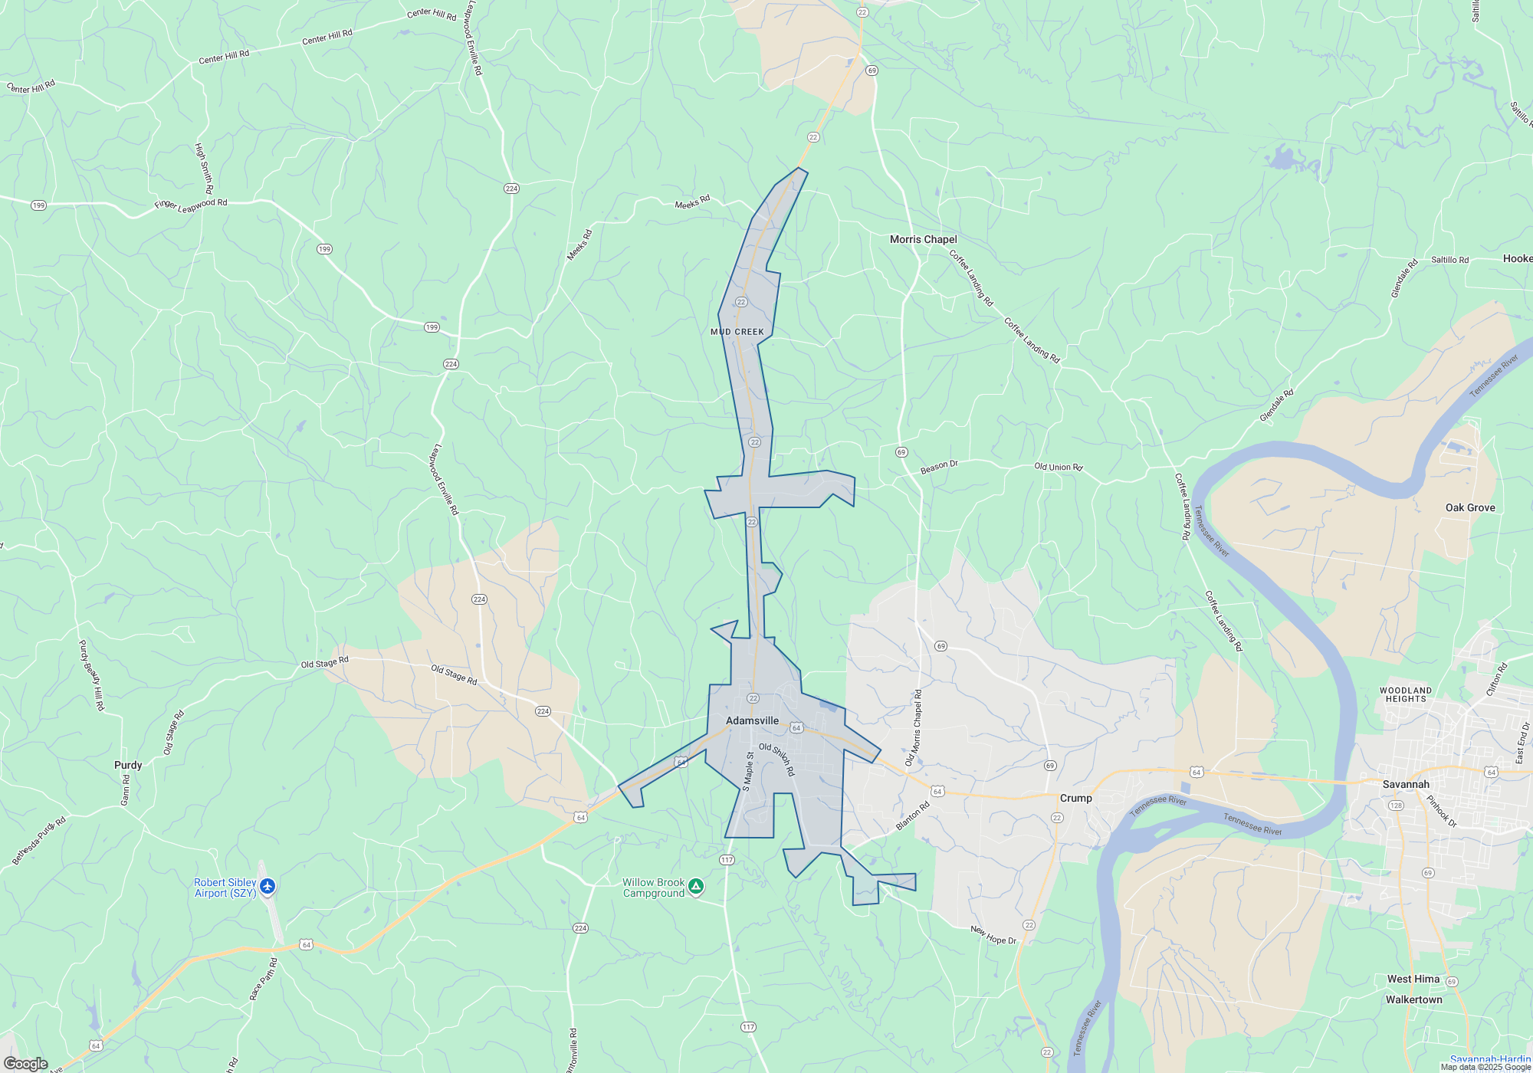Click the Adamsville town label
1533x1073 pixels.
tap(752, 720)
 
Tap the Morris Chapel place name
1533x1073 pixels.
tap(923, 239)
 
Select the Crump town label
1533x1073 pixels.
tap(1075, 798)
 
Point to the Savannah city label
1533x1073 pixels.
tap(1406, 784)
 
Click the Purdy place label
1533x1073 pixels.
tap(128, 765)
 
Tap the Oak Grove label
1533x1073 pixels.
tap(1470, 507)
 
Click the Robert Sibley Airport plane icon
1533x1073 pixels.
tap(268, 887)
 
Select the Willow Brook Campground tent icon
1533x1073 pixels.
tap(696, 887)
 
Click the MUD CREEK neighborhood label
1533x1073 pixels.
tap(737, 332)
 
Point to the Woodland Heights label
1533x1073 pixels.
tap(1406, 694)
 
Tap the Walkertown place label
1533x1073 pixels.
tap(1413, 999)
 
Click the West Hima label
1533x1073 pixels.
tap(1413, 979)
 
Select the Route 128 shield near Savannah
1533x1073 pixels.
tap(1396, 806)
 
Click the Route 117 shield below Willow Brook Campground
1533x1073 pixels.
tap(748, 1027)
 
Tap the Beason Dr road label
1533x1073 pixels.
tap(939, 467)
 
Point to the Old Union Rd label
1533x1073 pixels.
tap(1058, 467)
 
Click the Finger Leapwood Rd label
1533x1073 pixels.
tap(191, 205)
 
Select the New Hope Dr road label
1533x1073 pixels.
tap(993, 935)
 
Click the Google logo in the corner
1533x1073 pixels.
tap(25, 1064)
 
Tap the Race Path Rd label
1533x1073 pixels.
tap(263, 979)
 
